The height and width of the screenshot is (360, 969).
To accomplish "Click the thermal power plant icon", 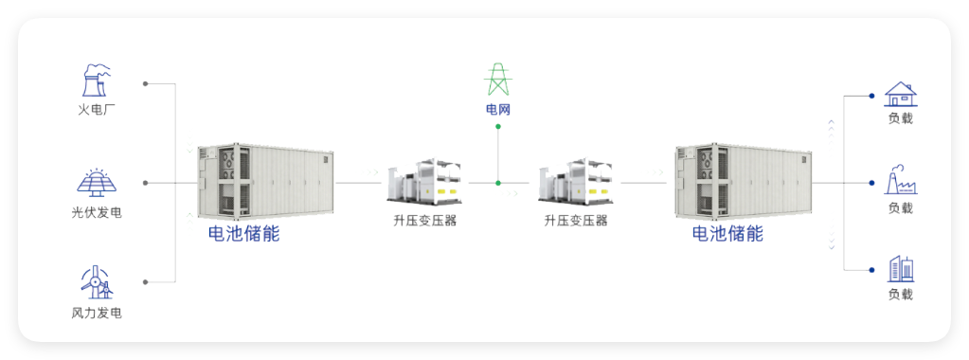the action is (97, 81).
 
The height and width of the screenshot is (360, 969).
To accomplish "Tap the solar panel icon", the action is (97, 183).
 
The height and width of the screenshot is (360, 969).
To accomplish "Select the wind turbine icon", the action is (97, 282).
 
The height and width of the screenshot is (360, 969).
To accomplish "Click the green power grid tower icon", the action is (497, 79).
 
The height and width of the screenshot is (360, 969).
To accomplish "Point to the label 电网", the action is (498, 111).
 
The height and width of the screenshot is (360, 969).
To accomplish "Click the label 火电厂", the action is (97, 111).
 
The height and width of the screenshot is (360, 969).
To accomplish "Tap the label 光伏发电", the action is (97, 213).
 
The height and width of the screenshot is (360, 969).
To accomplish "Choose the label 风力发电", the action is (97, 314).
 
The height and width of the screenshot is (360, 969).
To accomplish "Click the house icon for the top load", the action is (901, 95).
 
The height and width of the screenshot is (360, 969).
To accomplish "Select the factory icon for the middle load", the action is (901, 180).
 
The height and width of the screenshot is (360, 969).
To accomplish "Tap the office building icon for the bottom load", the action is (901, 268).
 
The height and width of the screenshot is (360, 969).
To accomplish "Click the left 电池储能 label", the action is (243, 234).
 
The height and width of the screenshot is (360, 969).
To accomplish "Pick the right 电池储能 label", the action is (727, 234).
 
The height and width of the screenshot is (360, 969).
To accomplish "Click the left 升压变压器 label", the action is (424, 220).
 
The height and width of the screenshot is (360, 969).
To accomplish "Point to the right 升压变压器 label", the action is (575, 220).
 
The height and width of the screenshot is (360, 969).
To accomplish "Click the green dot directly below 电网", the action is (498, 127).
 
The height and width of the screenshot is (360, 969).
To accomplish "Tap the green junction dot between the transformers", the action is (498, 183).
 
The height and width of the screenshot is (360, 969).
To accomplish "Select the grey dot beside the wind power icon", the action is (145, 282).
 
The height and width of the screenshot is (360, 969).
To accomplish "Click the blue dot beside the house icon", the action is (871, 96).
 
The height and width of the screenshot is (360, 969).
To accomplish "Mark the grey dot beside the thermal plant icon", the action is (145, 82).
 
